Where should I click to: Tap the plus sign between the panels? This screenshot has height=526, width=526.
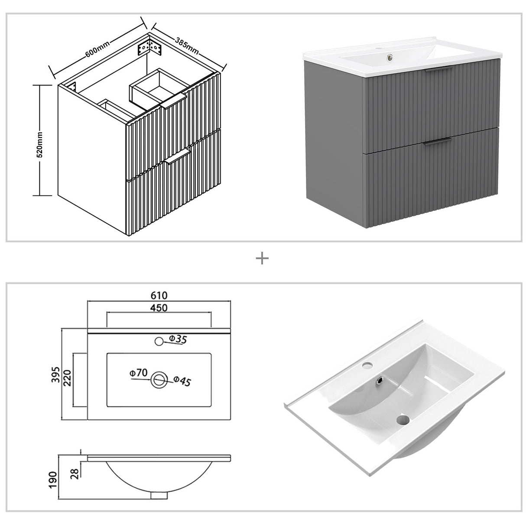pyautogui.click(x=262, y=259)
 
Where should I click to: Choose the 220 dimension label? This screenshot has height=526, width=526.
pyautogui.click(x=68, y=380)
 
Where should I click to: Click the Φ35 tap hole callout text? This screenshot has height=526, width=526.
pyautogui.click(x=178, y=339)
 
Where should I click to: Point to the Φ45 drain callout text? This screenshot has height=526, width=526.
pyautogui.click(x=182, y=381)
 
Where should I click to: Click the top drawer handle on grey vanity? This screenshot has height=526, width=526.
pyautogui.click(x=438, y=70)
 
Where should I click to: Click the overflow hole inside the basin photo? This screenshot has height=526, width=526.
pyautogui.click(x=380, y=380)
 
